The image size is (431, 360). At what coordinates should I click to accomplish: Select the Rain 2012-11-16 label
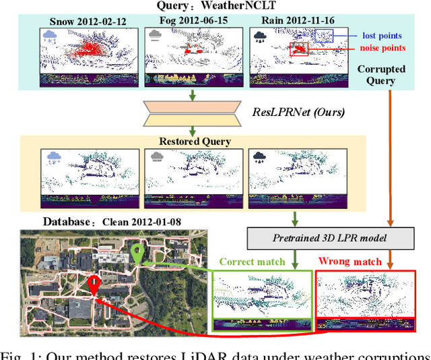click(x=284, y=22)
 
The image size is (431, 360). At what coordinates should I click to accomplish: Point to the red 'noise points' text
click(x=382, y=48)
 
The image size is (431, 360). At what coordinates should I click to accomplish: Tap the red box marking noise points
click(x=298, y=49)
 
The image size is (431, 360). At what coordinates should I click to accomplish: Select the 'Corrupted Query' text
click(x=382, y=74)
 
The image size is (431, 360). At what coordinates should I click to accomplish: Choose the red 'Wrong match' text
click(x=351, y=261)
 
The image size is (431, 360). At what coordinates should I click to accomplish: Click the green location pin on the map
click(x=138, y=254)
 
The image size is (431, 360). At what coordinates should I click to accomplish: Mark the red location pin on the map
click(x=95, y=284)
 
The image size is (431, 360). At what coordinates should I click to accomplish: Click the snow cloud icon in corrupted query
click(x=51, y=36)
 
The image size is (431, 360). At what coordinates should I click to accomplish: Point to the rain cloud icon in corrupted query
click(x=259, y=36)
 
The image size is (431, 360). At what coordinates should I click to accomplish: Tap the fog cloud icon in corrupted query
click(x=155, y=36)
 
